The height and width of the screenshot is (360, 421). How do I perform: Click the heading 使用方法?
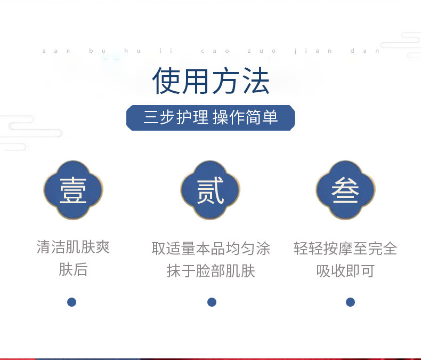[211, 81]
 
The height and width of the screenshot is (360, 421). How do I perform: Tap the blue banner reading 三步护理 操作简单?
[211, 118]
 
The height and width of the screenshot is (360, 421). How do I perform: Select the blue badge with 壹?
[74, 190]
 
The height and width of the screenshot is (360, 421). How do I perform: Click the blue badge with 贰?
[210, 190]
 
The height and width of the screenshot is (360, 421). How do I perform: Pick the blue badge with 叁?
[345, 190]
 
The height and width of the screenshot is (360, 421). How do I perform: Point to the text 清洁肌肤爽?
[74, 247]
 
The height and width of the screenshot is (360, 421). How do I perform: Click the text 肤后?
[74, 269]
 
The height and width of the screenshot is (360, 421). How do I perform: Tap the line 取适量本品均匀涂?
[211, 248]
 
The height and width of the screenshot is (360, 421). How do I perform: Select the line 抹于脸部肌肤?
[211, 270]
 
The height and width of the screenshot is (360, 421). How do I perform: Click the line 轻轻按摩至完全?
[345, 248]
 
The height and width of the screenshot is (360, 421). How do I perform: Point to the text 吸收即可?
[345, 270]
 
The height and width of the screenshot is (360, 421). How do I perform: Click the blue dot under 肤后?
[72, 302]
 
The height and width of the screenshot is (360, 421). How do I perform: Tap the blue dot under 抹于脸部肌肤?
[212, 302]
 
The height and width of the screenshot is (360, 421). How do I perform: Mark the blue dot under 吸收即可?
[350, 302]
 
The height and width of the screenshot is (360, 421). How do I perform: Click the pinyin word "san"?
[56, 51]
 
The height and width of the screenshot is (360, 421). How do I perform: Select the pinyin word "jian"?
[313, 51]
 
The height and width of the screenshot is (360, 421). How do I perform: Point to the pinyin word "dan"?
[365, 51]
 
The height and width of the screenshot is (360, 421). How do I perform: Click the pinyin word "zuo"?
[262, 51]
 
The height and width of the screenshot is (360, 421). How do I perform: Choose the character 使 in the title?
[166, 81]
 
